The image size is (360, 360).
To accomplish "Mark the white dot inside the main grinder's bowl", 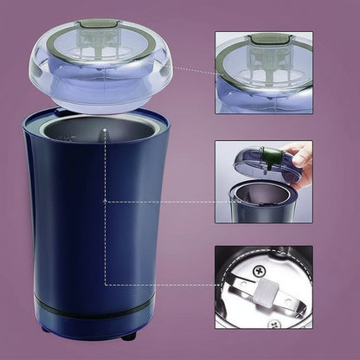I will click(x=104, y=132).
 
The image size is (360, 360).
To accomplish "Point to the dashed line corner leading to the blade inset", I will click(x=106, y=284).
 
